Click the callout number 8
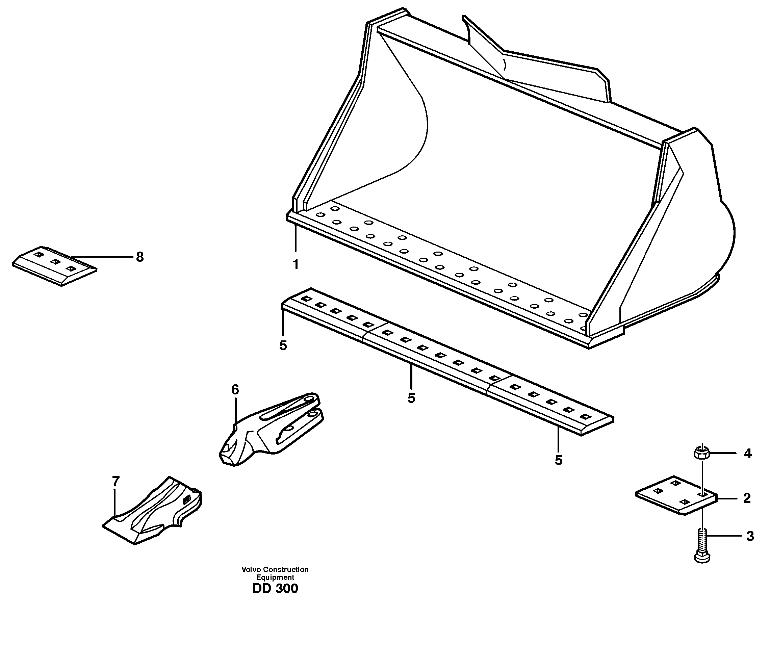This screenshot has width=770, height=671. tap(139, 257)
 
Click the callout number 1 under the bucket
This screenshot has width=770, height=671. tap(296, 265)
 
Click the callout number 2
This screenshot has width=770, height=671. tap(746, 498)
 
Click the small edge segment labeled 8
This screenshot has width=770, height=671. tap(54, 266)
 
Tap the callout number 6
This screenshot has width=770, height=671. tap(235, 390)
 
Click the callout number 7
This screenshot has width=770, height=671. tap(116, 481)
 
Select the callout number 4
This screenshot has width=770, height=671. tap(747, 454)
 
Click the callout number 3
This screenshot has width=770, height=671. tap(749, 536)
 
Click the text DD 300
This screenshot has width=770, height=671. tap(275, 589)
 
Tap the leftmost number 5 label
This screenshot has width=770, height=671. tap(283, 345)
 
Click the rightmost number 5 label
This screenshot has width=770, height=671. tap(558, 461)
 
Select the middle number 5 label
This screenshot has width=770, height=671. tap(411, 398)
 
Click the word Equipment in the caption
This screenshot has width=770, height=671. tap(275, 577)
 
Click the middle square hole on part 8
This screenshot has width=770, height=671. tap(55, 262)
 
